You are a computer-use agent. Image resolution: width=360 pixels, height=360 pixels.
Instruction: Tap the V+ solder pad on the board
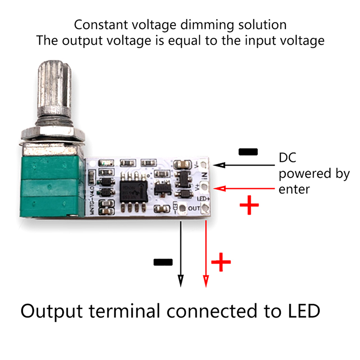click(206, 185)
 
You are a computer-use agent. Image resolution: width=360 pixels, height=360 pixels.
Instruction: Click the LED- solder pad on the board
click(182, 208)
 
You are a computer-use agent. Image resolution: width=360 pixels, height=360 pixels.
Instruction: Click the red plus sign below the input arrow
click(249, 207)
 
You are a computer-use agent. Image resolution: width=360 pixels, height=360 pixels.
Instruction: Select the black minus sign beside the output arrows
click(163, 262)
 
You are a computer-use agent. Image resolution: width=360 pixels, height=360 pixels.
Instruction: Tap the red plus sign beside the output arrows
click(221, 262)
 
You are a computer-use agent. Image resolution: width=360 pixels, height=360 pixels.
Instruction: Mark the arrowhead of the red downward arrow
click(206, 281)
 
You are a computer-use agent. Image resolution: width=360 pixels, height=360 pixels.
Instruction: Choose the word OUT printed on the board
click(194, 208)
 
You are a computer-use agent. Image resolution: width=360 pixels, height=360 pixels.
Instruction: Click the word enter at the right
click(294, 189)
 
